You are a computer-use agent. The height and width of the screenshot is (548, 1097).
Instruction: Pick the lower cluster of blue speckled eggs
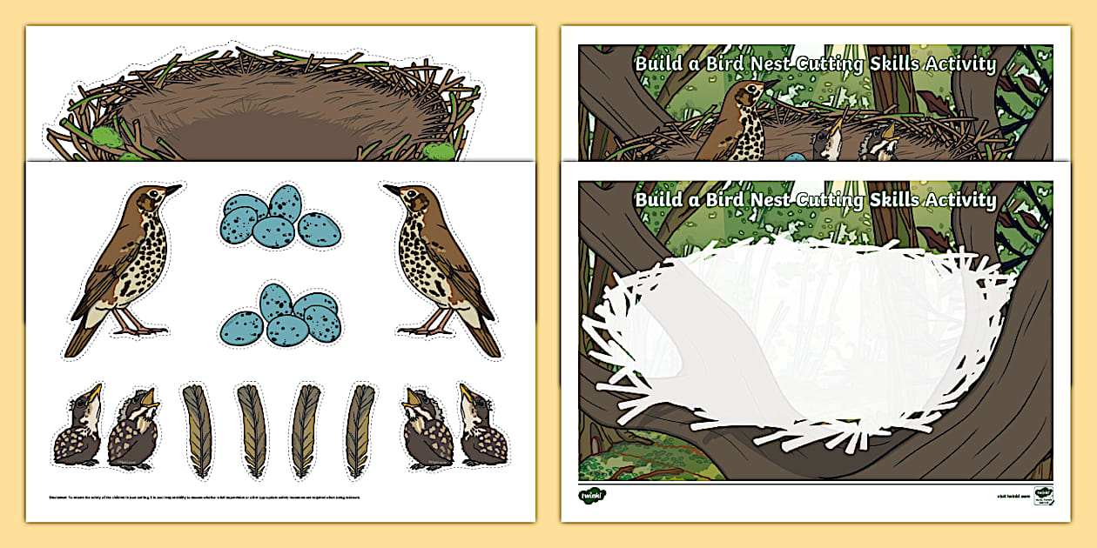click(x=280, y=316)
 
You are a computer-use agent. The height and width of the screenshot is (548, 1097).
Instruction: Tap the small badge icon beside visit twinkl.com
click(x=1042, y=494)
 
